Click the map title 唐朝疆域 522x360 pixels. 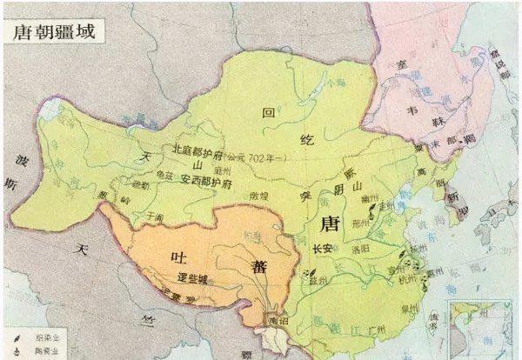(x=53, y=30)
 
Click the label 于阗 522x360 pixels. (x=156, y=215)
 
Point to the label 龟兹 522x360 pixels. (x=170, y=173)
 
